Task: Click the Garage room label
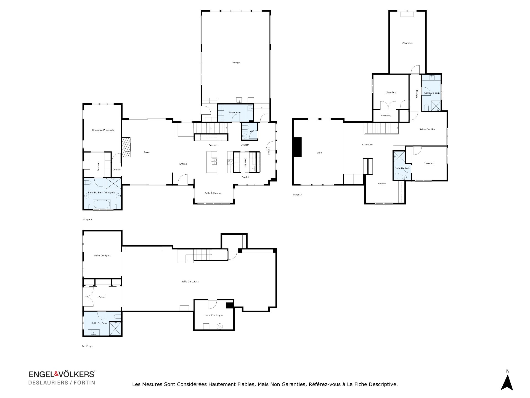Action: coord(236,62)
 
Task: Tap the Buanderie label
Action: coord(235,112)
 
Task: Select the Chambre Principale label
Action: coord(103,130)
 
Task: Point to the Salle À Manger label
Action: coord(213,193)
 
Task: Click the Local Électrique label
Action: coord(214,315)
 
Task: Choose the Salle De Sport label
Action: coord(102,255)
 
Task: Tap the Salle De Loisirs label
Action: coord(190,281)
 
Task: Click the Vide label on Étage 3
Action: coord(319,153)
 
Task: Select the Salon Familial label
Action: coord(427,129)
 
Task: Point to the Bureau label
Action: coord(382,184)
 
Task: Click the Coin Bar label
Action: coord(245,163)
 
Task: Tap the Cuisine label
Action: coord(213,145)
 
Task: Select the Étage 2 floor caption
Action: coord(88,219)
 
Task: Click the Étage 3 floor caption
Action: coord(297,195)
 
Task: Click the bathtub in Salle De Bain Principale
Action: coord(102,204)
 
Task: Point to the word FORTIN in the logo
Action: coord(84,383)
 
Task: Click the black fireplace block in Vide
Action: coord(298,147)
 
